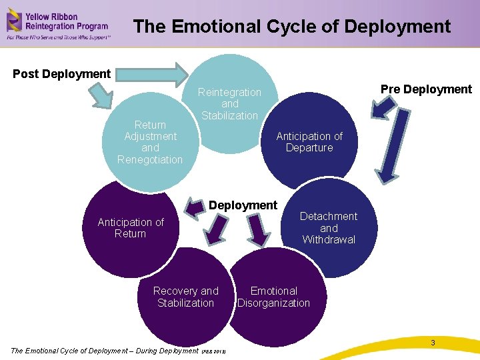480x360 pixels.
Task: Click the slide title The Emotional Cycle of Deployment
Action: pos(292,27)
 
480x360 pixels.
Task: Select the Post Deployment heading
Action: pos(61,73)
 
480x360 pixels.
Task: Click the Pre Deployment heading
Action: pos(426,89)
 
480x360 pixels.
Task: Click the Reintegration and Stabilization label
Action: pos(229,104)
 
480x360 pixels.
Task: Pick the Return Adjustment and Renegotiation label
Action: pos(150,142)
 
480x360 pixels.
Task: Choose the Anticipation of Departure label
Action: pos(309,142)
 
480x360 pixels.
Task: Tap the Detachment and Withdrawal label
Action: pos(328,228)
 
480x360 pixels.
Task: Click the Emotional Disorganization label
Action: pos(273,297)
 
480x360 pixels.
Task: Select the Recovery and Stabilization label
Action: pos(185,297)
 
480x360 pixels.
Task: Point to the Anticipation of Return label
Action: pos(130,228)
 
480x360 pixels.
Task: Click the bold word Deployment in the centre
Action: pos(243,205)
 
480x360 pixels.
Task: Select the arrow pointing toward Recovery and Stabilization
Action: pos(215,230)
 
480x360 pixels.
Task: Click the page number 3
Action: pos(433,343)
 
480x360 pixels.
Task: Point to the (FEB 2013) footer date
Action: pos(213,351)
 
